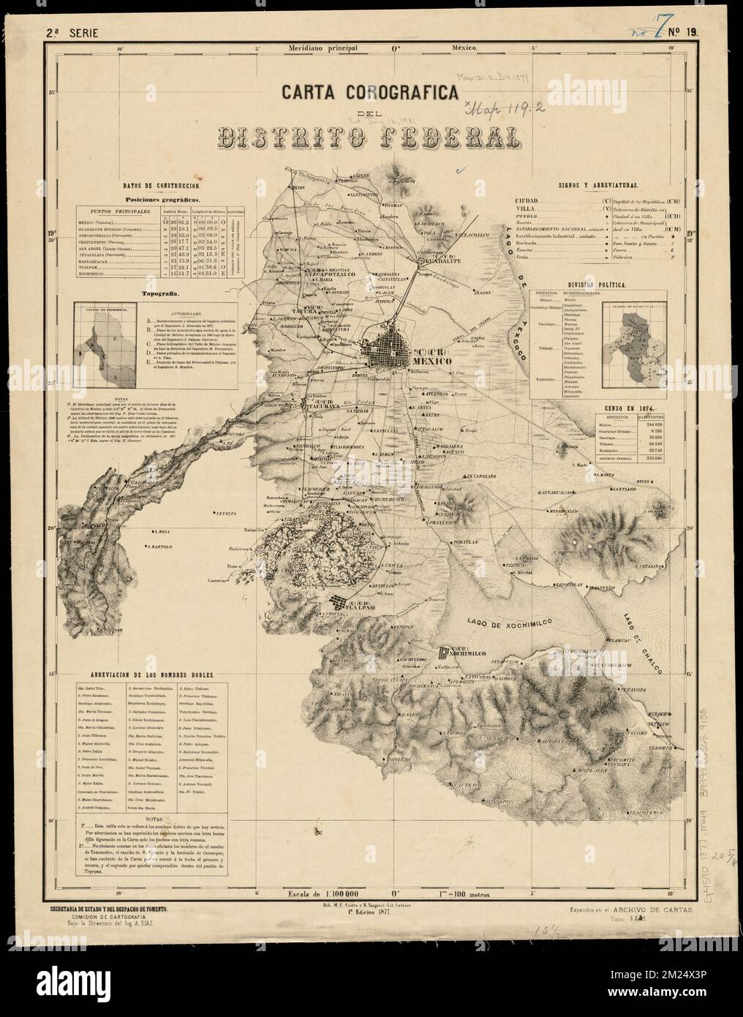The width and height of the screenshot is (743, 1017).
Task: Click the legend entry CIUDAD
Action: (530, 200)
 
